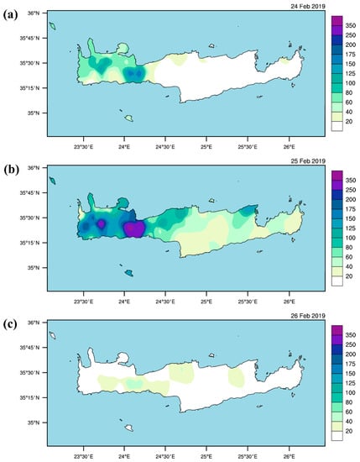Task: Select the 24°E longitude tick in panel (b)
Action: (124, 297)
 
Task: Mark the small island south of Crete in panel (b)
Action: (128, 272)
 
